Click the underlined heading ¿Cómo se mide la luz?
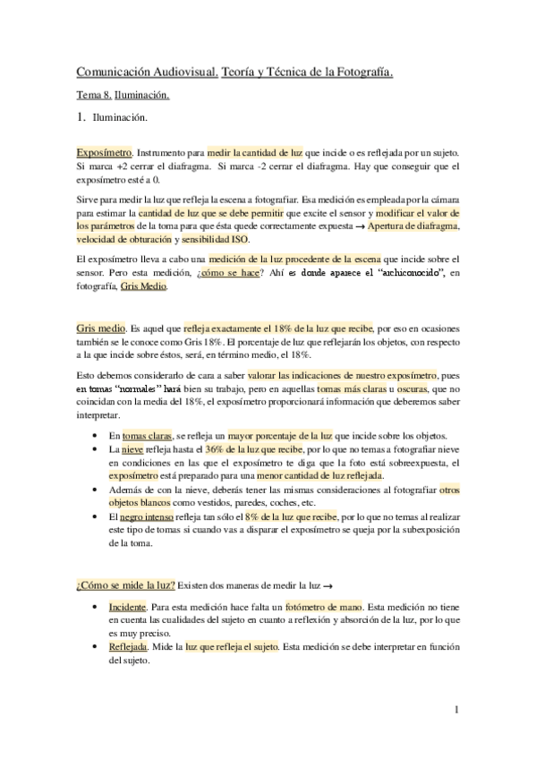click(124, 586)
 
